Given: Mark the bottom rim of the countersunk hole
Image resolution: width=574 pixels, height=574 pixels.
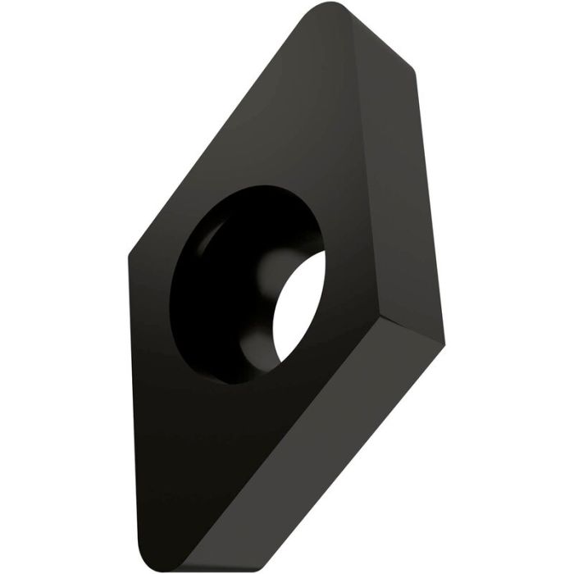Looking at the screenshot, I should coord(238,383).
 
